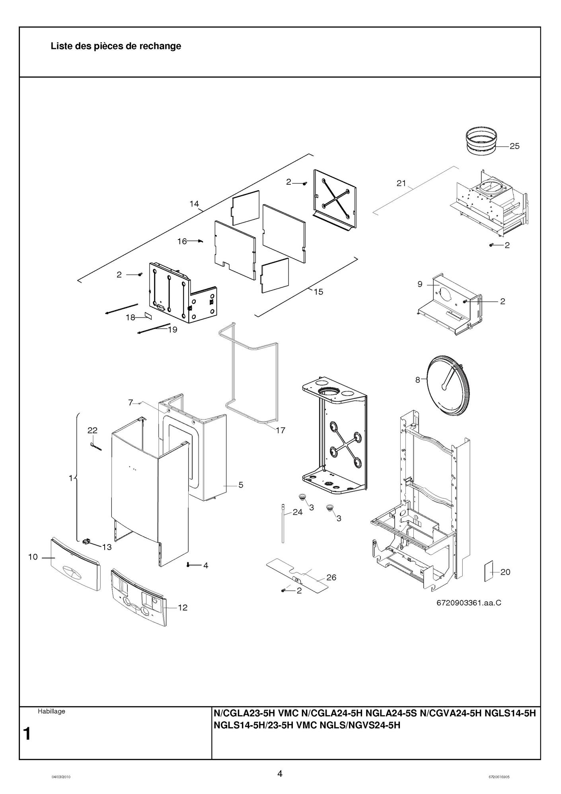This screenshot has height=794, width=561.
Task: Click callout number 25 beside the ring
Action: click(x=514, y=146)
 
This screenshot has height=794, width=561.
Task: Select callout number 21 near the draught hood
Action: click(x=401, y=183)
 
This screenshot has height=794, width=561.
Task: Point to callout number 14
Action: click(x=194, y=204)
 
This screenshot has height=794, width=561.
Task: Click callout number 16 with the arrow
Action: click(x=182, y=241)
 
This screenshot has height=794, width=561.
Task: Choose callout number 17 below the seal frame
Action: click(x=280, y=430)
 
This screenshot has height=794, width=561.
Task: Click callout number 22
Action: click(x=92, y=430)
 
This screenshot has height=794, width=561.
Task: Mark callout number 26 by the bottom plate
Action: click(x=331, y=577)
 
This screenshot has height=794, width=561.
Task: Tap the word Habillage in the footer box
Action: click(x=51, y=711)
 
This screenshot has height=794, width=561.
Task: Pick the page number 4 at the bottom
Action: click(x=280, y=774)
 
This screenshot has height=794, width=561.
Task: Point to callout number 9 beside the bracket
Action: click(x=420, y=284)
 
